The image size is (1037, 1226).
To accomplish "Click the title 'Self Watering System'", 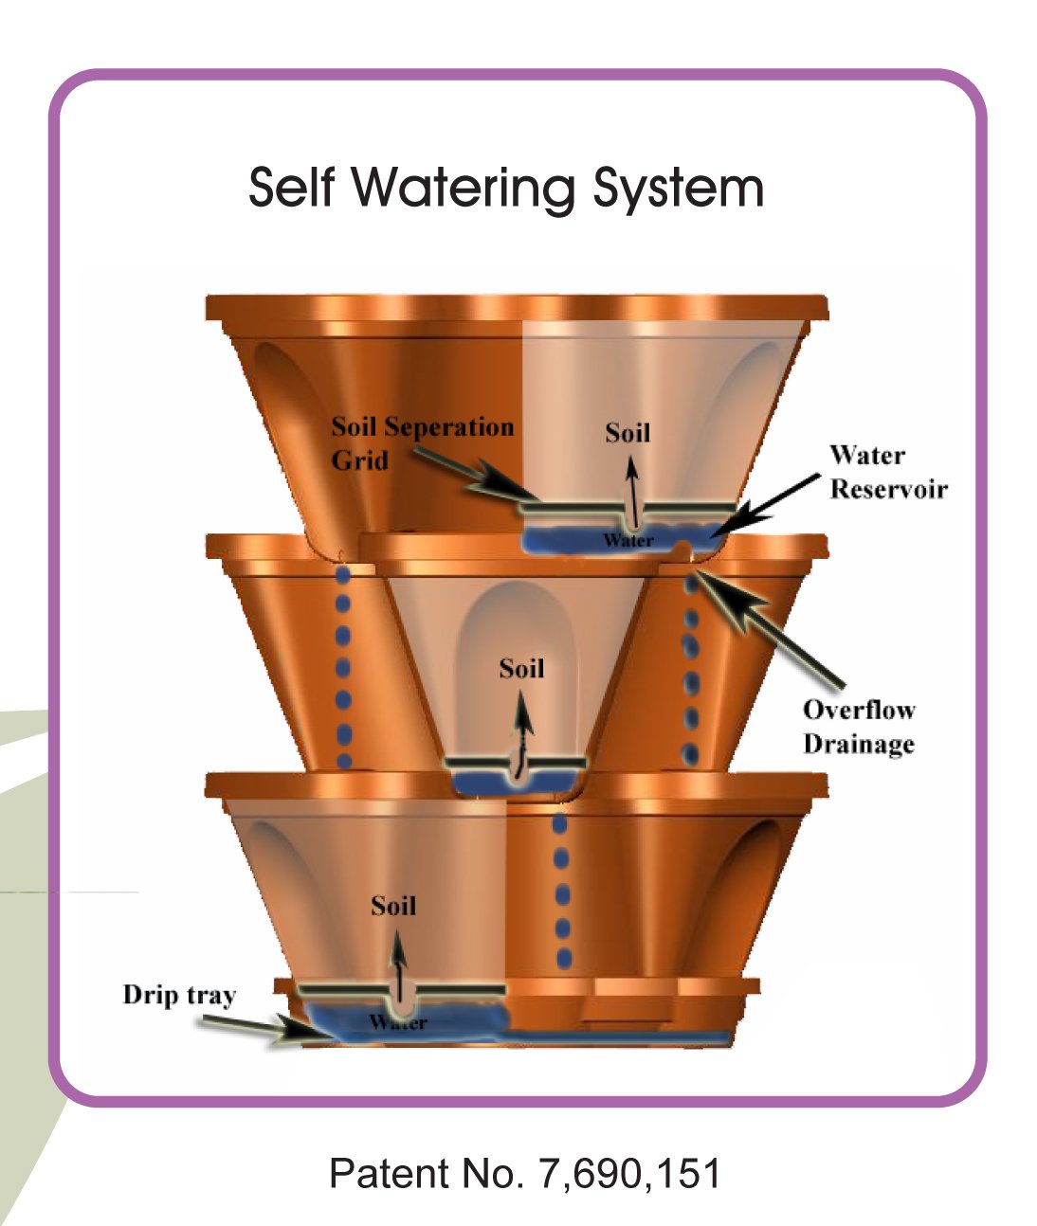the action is pyautogui.click(x=506, y=188).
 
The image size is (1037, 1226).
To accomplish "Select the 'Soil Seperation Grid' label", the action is pyautogui.click(x=422, y=443).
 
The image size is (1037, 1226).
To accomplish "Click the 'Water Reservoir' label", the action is pyautogui.click(x=888, y=472).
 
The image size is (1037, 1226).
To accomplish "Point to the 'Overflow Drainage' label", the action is pyautogui.click(x=859, y=728).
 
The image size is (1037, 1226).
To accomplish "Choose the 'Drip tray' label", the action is pyautogui.click(x=179, y=995).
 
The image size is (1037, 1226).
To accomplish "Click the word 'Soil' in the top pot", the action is pyautogui.click(x=628, y=432).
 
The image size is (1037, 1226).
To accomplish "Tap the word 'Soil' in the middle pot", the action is pyautogui.click(x=521, y=669).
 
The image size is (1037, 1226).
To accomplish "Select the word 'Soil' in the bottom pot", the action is pyautogui.click(x=393, y=906).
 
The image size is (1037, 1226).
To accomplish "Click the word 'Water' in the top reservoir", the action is pyautogui.click(x=628, y=540).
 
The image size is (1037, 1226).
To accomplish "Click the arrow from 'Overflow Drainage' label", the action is pyautogui.click(x=770, y=629).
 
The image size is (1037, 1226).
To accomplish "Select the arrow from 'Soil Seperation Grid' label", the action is pyautogui.click(x=476, y=475).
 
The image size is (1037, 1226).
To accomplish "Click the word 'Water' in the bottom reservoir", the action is pyautogui.click(x=398, y=1022).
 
